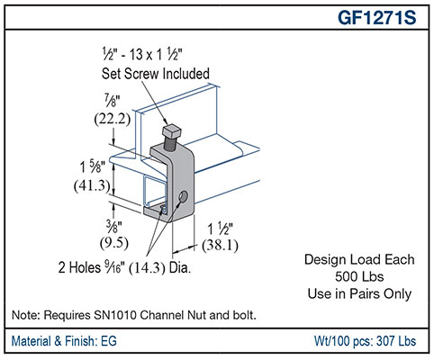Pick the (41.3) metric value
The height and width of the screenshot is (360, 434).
[92, 186]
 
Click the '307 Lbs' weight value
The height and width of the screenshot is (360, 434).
[396, 343]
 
